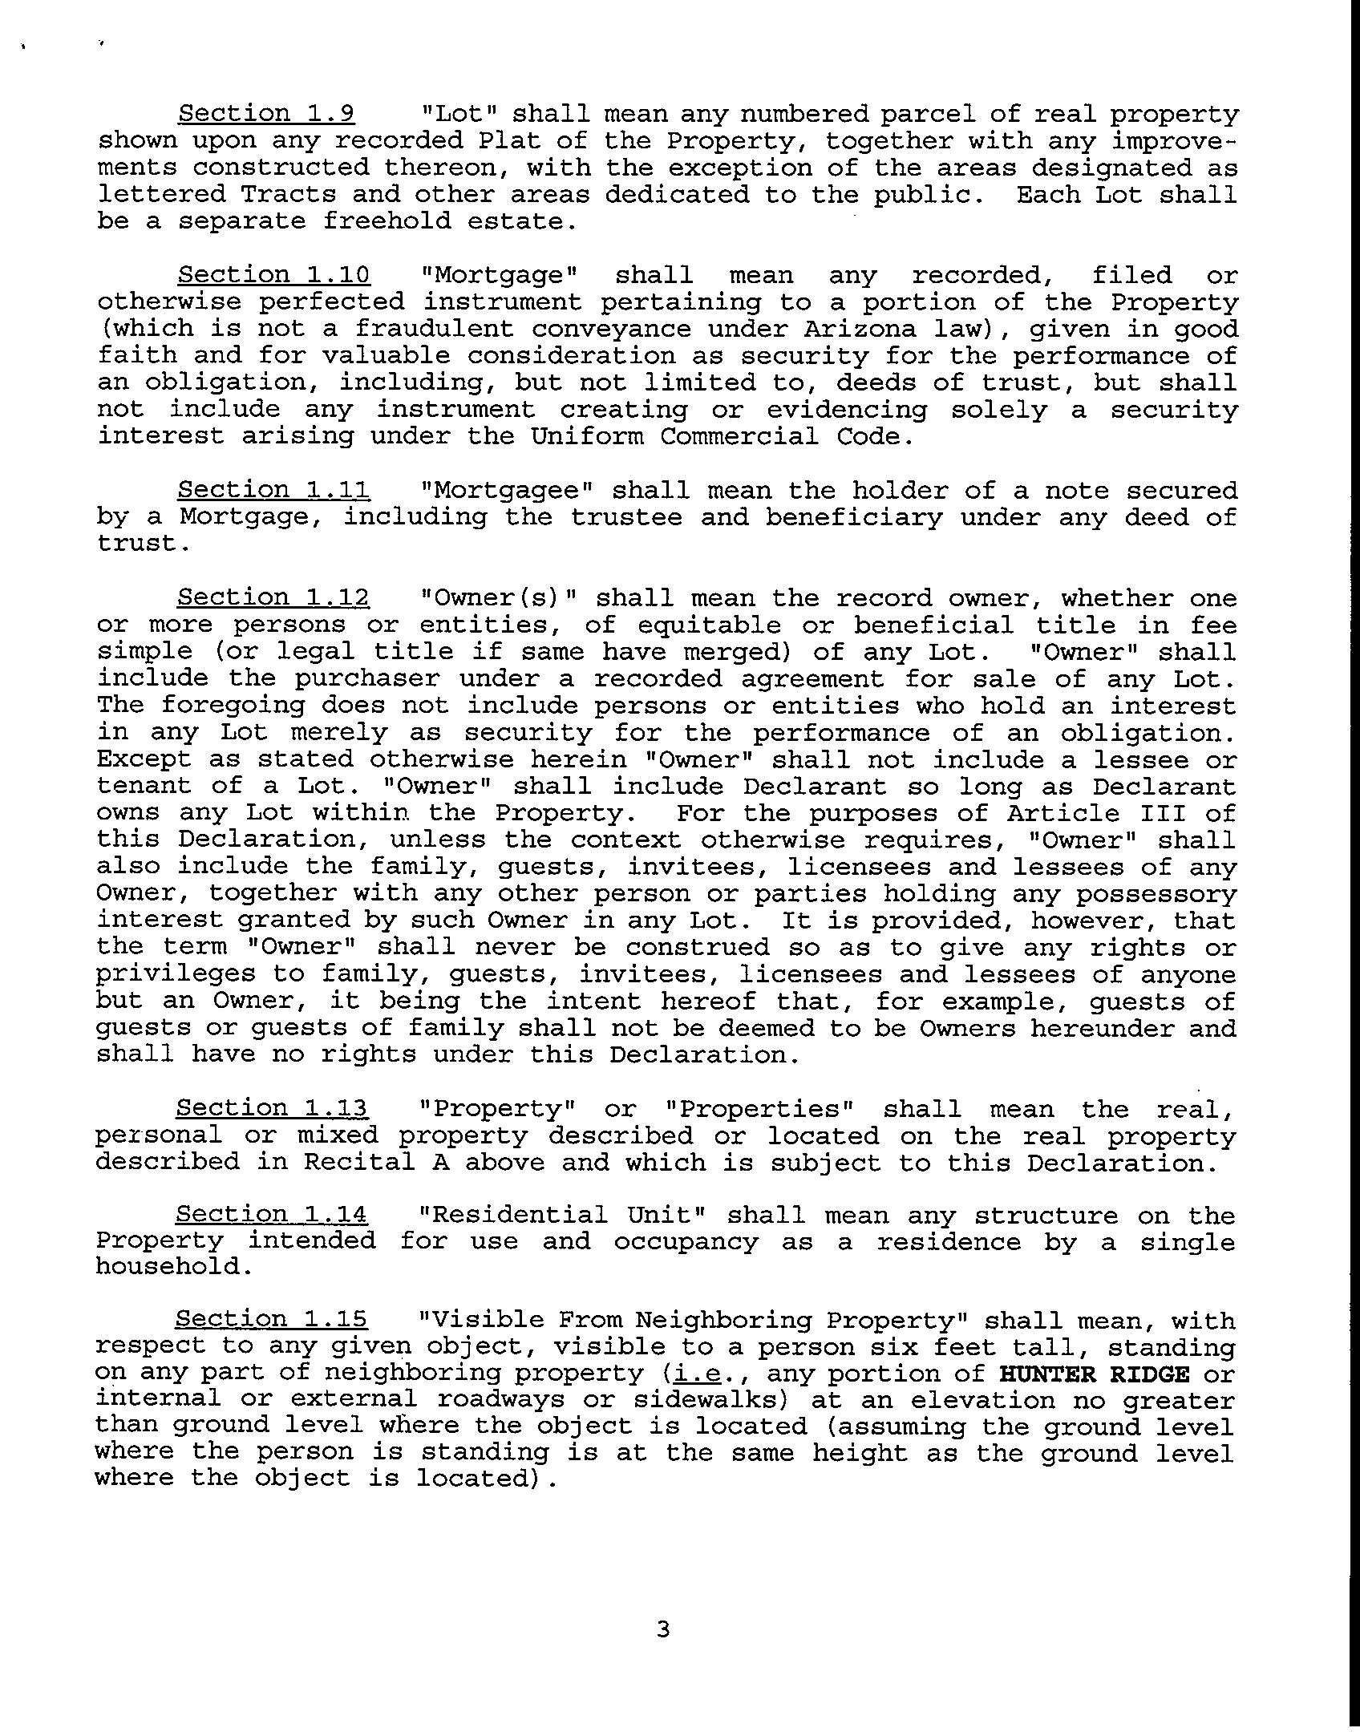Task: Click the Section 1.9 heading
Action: pos(266,114)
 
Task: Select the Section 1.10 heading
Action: pos(273,275)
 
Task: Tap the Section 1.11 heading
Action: pos(273,490)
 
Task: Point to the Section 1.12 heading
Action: pos(273,597)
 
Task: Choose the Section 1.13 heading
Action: pos(272,1108)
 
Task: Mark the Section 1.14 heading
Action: pos(272,1215)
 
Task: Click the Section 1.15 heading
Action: pos(271,1319)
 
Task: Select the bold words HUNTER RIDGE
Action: pos(1095,1374)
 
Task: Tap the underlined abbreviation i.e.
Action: pos(696,1374)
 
